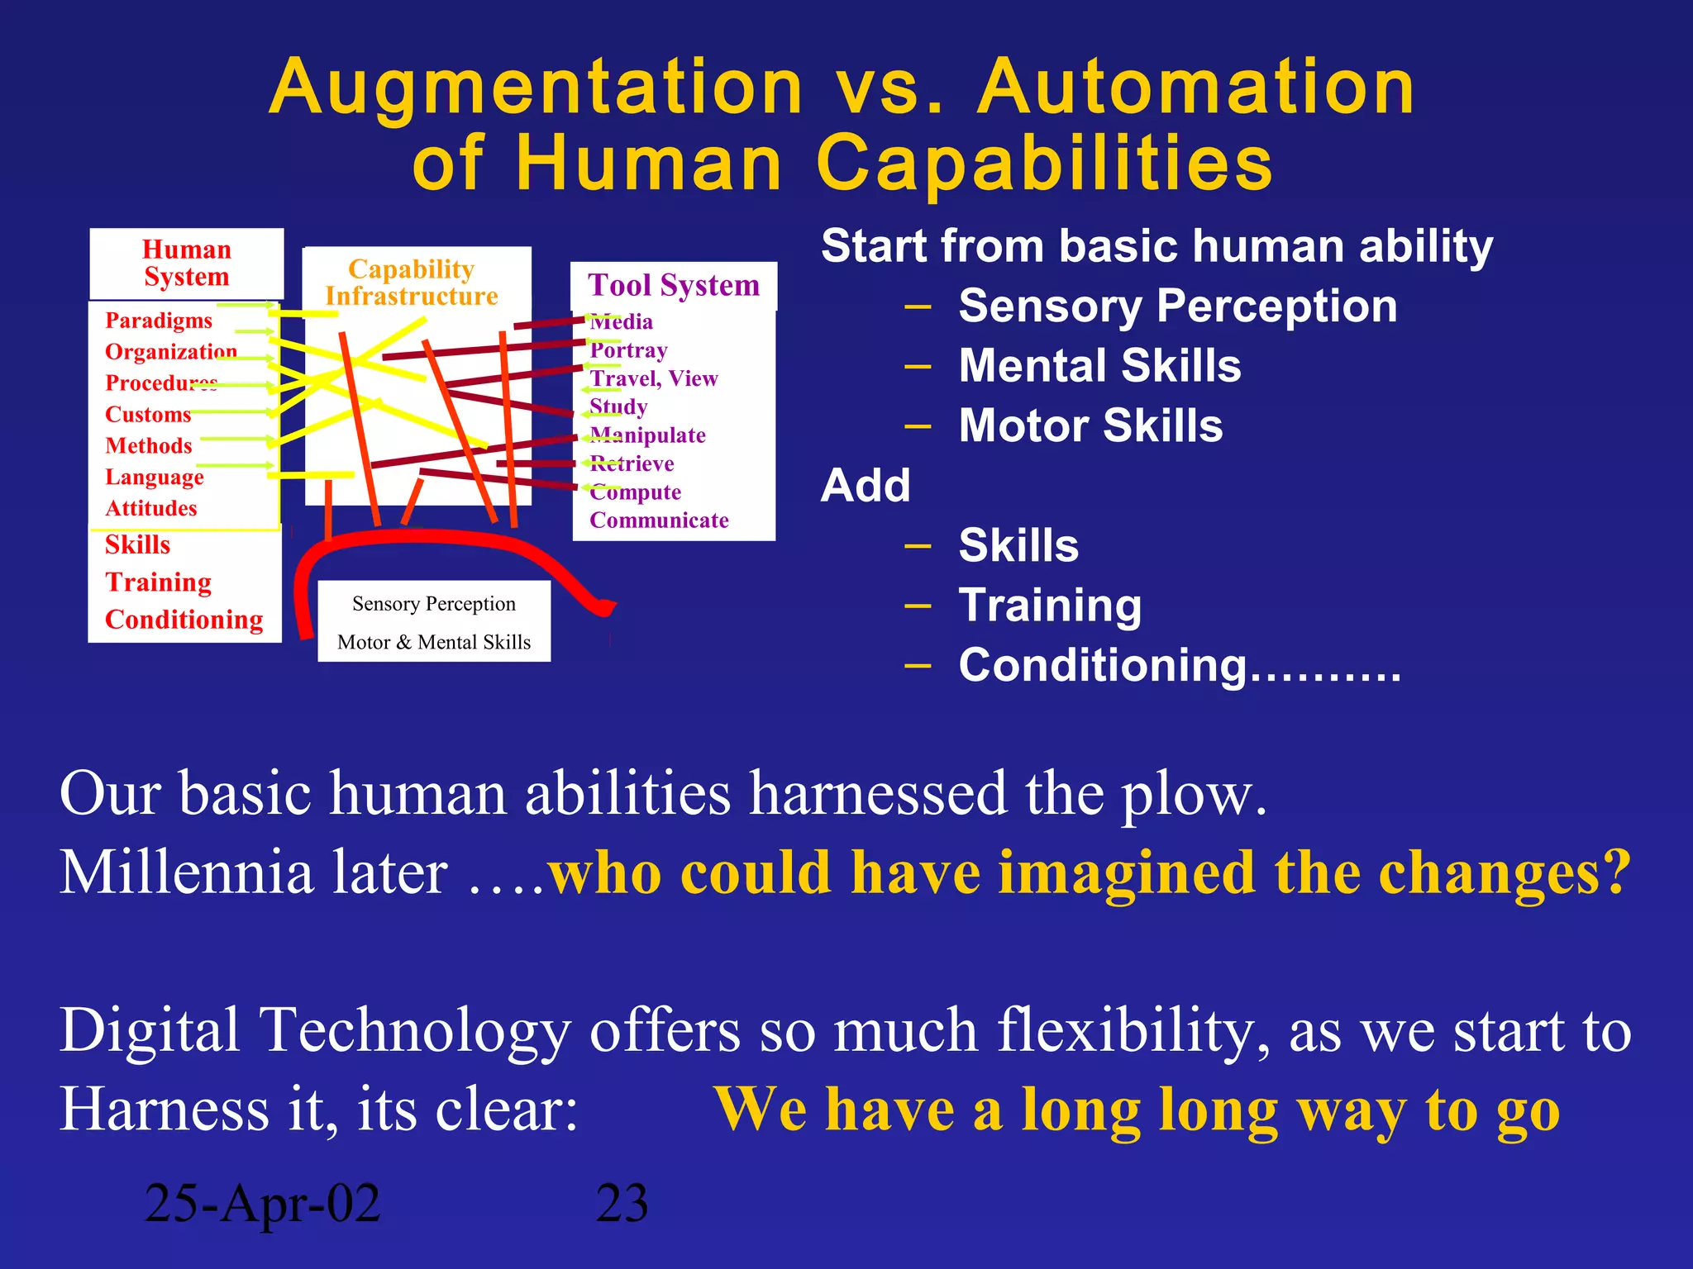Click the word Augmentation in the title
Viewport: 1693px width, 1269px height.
coord(536,88)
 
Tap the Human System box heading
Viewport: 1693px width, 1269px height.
coord(187,263)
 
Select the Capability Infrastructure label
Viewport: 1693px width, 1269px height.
coord(412,283)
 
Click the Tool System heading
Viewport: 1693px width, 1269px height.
coord(673,286)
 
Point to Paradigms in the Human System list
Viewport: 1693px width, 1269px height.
coord(159,321)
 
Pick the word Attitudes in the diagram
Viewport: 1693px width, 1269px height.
coord(151,509)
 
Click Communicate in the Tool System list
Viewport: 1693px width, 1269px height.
coord(659,520)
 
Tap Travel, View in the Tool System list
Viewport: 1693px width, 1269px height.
coord(653,379)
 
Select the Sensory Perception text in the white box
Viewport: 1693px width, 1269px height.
coord(433,604)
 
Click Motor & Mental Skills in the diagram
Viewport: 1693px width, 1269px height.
coord(433,642)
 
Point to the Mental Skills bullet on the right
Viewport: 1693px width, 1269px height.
coord(1099,366)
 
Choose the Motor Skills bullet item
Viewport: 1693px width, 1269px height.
coord(1090,426)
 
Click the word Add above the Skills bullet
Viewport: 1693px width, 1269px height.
coord(866,486)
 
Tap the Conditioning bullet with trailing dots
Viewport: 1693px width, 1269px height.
coord(1179,666)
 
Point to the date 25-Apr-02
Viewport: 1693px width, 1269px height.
coord(262,1203)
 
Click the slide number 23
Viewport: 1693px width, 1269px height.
coord(622,1203)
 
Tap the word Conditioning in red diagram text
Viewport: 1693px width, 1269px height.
coord(184,620)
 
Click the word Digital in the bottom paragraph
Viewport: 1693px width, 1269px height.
coord(150,1031)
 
